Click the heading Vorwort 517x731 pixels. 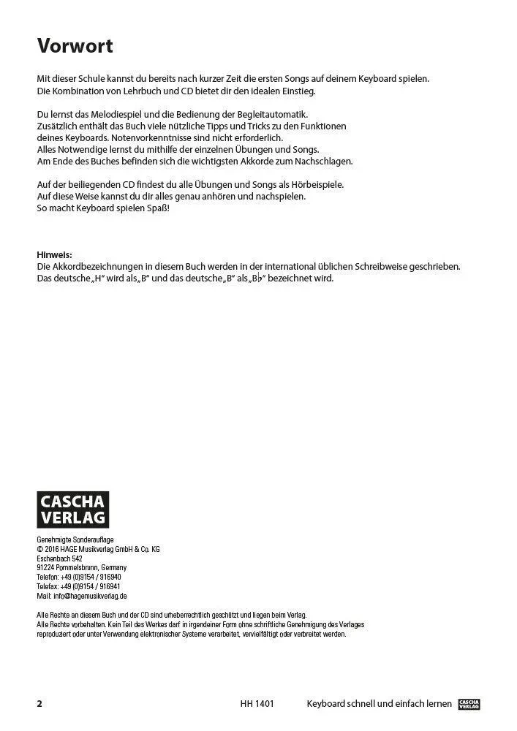pyautogui.click(x=75, y=47)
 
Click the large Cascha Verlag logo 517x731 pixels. pyautogui.click(x=72, y=509)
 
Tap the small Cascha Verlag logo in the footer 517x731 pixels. pyautogui.click(x=468, y=704)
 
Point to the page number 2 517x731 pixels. pyautogui.click(x=40, y=705)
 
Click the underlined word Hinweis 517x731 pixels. pyautogui.click(x=55, y=254)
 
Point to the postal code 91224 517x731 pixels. pyautogui.click(x=46, y=567)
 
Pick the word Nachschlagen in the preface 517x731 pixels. pyautogui.click(x=321, y=161)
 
